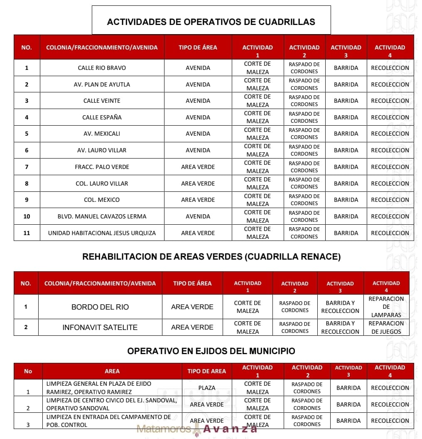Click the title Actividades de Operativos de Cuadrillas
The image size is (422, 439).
[211, 22]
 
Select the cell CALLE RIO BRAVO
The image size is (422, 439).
[102, 68]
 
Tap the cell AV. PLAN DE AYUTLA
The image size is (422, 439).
[102, 84]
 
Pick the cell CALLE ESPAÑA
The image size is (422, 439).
[102, 117]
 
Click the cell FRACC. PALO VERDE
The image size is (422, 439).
[102, 167]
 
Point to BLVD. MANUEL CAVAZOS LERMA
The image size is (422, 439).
[102, 216]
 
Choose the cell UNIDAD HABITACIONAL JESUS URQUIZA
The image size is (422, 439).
[102, 233]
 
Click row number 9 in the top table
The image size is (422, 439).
[27, 200]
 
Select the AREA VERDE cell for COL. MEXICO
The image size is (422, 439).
[198, 200]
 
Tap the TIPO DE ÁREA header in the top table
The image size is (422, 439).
[198, 47]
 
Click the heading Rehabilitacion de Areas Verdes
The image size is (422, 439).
[211, 257]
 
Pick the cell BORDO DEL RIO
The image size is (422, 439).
[100, 307]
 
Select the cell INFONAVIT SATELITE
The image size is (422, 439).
[100, 327]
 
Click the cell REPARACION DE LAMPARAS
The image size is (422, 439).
[386, 307]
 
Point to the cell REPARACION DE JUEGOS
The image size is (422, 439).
[386, 327]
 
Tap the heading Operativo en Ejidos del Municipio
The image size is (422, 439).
[211, 351]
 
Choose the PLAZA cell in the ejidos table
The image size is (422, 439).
[206, 388]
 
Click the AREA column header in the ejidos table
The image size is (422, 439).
[112, 371]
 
